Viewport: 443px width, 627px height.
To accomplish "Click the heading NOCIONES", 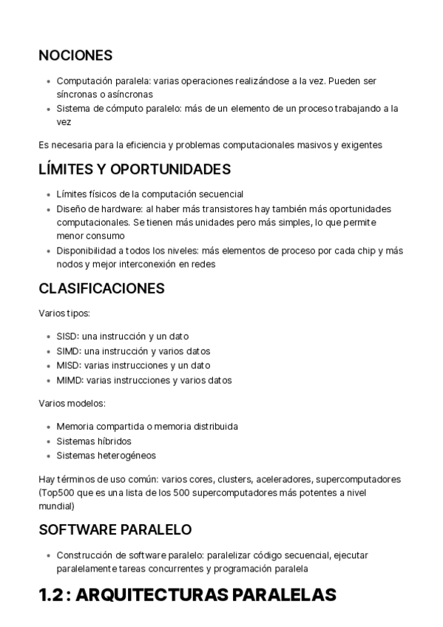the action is [75, 55].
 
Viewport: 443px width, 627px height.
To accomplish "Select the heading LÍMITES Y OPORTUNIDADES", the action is [135, 169].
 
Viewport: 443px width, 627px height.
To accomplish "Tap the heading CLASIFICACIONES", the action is [101, 288].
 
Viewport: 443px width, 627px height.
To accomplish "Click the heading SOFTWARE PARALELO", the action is [115, 529].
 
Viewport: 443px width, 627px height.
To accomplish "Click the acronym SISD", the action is [67, 336].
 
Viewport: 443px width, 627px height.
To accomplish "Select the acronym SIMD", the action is [67, 351].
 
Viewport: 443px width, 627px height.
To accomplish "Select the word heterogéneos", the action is [125, 455].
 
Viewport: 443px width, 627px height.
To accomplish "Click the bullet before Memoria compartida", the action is [49, 427].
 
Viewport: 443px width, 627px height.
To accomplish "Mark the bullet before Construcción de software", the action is [49, 555].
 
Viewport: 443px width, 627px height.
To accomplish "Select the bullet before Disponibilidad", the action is [49, 251].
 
